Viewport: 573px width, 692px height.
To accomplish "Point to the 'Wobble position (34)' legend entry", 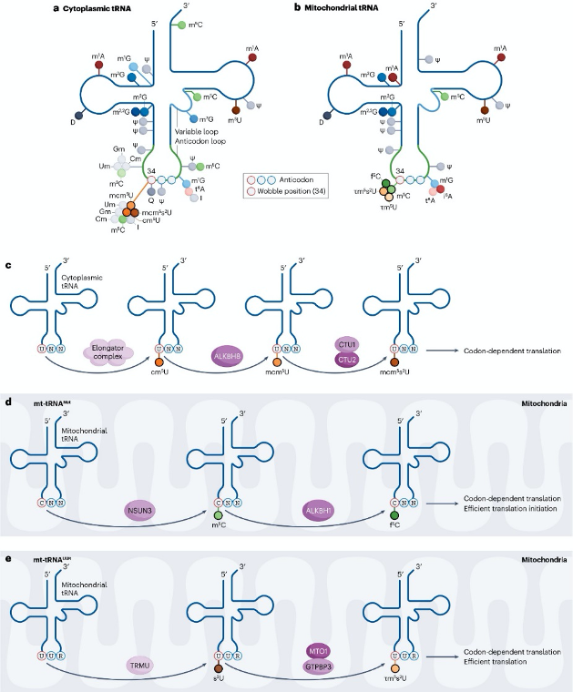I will point(291,192).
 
